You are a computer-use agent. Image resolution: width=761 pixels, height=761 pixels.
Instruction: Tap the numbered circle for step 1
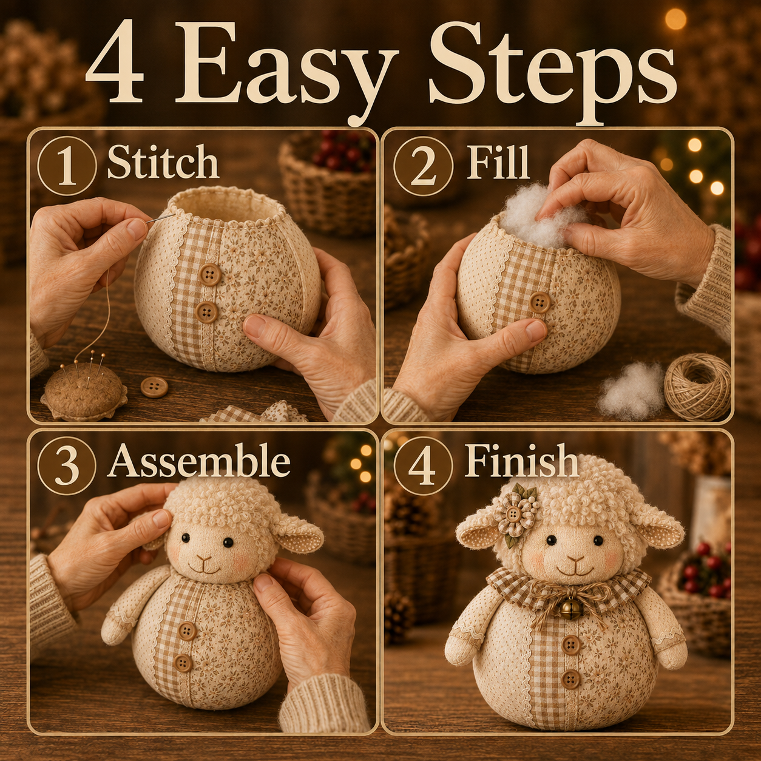(67, 164)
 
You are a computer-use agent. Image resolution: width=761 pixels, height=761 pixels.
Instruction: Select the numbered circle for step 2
(423, 164)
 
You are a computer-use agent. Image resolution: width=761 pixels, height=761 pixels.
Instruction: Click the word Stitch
(163, 162)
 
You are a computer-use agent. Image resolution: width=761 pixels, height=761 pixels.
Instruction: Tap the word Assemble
(199, 460)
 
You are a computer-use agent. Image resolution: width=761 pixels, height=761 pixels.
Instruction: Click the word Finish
(521, 460)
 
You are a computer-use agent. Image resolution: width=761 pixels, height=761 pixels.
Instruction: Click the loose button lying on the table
(154, 387)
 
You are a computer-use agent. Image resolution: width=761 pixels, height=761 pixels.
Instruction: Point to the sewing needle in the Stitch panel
(160, 218)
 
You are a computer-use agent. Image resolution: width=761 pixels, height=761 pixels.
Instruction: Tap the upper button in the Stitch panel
(210, 274)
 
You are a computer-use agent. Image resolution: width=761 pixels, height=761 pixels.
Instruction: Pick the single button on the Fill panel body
(540, 302)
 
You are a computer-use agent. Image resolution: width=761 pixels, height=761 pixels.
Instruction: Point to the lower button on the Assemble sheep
(183, 663)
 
